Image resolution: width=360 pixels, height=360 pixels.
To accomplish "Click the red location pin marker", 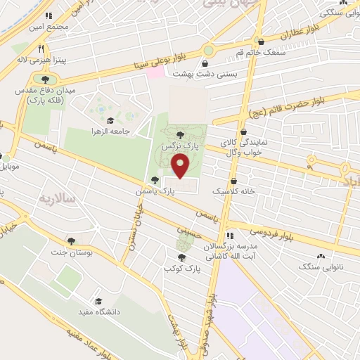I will tap(181, 165).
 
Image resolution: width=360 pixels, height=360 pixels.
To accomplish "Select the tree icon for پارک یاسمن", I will tap(155, 179).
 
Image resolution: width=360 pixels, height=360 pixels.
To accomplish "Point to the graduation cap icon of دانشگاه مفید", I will tap(98, 300).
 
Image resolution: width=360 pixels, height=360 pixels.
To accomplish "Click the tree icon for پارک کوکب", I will tap(183, 257).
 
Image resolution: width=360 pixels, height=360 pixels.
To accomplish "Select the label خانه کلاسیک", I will tap(234, 191).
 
